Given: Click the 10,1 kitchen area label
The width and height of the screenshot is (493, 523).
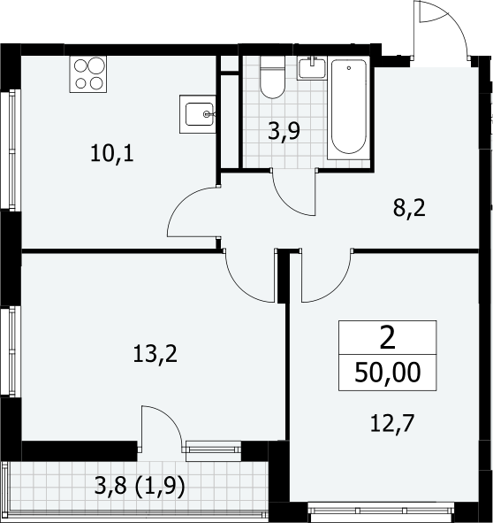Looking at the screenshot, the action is (x=112, y=154).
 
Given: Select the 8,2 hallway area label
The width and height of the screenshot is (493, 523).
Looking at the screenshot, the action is (x=409, y=209).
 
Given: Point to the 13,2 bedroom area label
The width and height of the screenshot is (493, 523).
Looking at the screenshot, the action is (x=155, y=354).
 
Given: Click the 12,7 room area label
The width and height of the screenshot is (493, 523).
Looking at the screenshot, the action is (x=392, y=423).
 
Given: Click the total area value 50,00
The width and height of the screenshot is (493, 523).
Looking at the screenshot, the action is (x=387, y=373).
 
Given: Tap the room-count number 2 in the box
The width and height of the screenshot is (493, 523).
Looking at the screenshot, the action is (x=387, y=337).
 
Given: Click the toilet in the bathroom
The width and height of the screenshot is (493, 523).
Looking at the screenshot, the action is (x=272, y=77).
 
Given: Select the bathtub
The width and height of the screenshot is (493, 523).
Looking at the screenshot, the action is (x=349, y=108).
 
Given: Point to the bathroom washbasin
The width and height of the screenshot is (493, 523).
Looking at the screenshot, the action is (x=312, y=68).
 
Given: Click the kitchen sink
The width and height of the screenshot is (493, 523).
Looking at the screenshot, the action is (x=198, y=114).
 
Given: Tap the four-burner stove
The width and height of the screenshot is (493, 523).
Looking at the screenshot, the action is (x=88, y=74).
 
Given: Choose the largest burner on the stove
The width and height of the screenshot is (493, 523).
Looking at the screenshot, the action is (x=96, y=65).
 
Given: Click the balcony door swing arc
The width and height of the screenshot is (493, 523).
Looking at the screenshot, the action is (x=171, y=419).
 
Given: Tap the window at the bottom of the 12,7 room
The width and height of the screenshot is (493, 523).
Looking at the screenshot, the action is (x=381, y=510).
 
